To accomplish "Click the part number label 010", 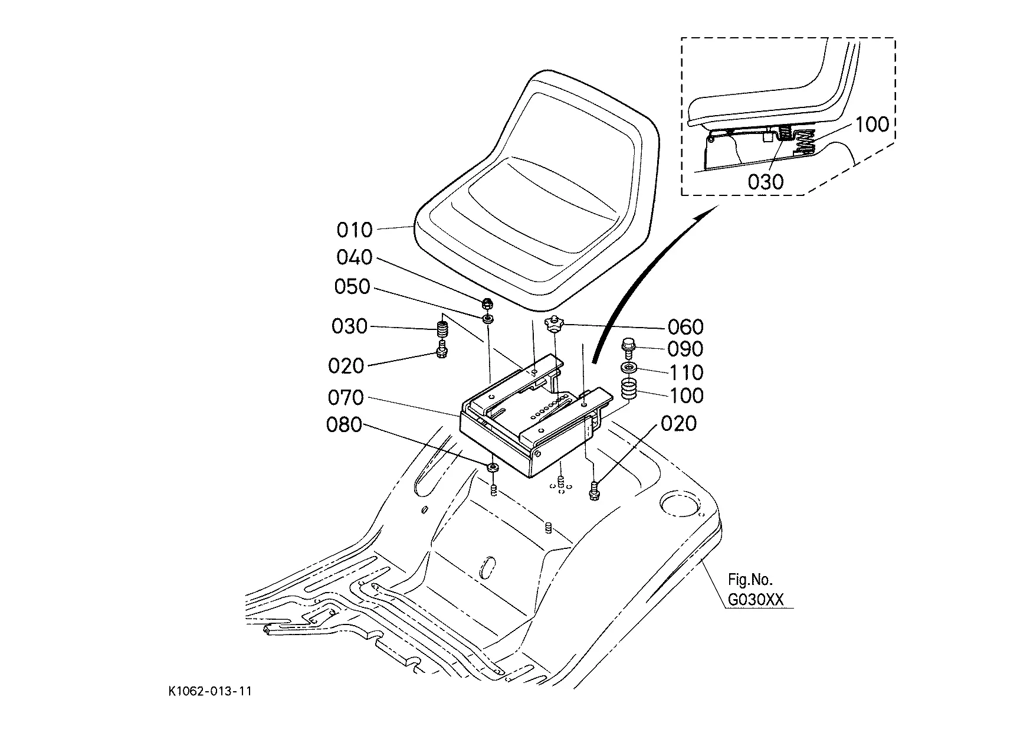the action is click(355, 229).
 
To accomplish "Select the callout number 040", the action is click(355, 257).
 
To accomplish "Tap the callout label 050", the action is click(352, 287).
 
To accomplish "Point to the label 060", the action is click(685, 326).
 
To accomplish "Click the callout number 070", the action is click(346, 397).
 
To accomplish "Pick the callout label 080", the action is click(345, 424).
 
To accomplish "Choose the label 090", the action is click(685, 349).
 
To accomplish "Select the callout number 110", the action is click(685, 372).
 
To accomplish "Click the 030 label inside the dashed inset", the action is click(766, 182).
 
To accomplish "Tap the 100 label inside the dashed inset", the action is click(871, 124).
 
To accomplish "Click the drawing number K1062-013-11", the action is click(209, 691).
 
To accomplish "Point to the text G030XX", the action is click(756, 600).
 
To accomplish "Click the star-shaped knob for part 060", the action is click(553, 323).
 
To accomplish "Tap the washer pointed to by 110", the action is click(628, 369).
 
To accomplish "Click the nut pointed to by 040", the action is click(487, 305).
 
